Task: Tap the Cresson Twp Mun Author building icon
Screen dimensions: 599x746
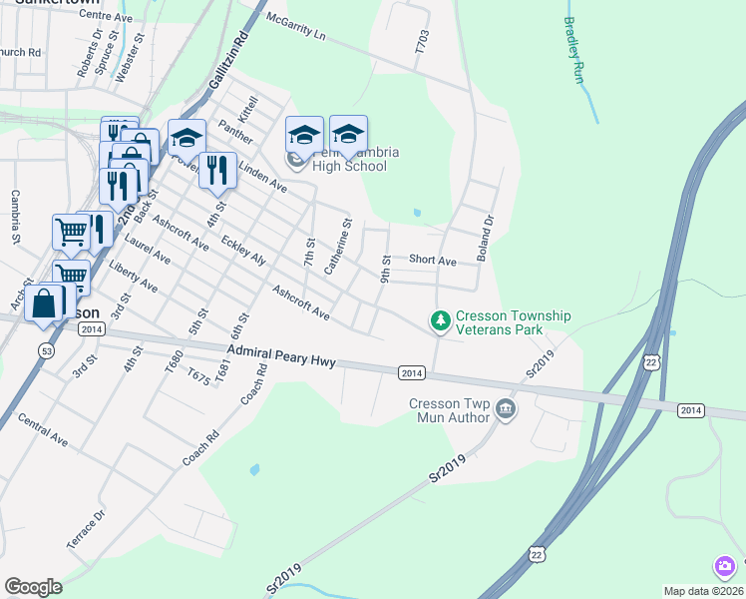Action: point(506,410)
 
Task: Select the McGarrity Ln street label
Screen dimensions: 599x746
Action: point(296,27)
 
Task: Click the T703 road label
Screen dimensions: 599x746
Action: point(422,41)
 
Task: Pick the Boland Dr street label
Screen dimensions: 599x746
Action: point(486,240)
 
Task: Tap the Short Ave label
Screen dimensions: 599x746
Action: point(432,261)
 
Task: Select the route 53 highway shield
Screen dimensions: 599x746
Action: point(46,350)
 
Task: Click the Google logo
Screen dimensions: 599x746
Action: point(33,587)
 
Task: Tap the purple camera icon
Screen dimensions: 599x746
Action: point(725,567)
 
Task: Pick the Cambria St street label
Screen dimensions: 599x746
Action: point(15,217)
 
